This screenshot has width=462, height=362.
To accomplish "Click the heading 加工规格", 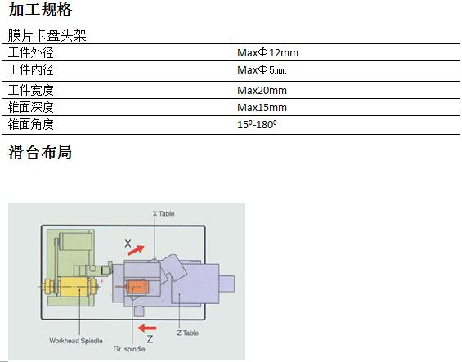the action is pyautogui.click(x=40, y=10).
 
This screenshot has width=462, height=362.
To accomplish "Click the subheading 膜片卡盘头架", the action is pyautogui.click(x=47, y=35).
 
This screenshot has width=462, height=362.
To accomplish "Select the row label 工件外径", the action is pyautogui.click(x=30, y=53).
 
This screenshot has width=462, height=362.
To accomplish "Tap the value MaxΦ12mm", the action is pyautogui.click(x=267, y=53).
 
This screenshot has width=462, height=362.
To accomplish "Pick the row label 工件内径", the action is pyautogui.click(x=30, y=70).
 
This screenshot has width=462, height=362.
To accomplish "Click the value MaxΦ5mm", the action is pyautogui.click(x=262, y=70).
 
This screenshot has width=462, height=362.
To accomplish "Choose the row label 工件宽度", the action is pyautogui.click(x=30, y=90).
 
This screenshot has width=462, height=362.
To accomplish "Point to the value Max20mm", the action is pyautogui.click(x=262, y=90).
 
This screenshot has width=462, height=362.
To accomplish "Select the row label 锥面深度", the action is pyautogui.click(x=30, y=107).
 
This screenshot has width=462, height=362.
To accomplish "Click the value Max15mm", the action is pyautogui.click(x=262, y=108).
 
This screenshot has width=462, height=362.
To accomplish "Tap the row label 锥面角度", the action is pyautogui.click(x=30, y=124).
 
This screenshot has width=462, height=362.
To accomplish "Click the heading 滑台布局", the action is pyautogui.click(x=40, y=152).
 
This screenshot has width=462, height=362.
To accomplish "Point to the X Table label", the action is pyautogui.click(x=164, y=213).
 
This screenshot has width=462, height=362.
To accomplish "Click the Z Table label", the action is pyautogui.click(x=188, y=333).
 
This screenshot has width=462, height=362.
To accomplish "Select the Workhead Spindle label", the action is pyautogui.click(x=76, y=341).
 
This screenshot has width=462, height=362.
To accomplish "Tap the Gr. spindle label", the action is pyautogui.click(x=129, y=349).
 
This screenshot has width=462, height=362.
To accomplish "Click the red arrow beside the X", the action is pyautogui.click(x=136, y=250).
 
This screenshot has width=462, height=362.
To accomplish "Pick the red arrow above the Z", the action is pyautogui.click(x=147, y=328).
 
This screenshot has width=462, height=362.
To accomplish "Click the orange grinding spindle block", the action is pyautogui.click(x=136, y=287).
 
